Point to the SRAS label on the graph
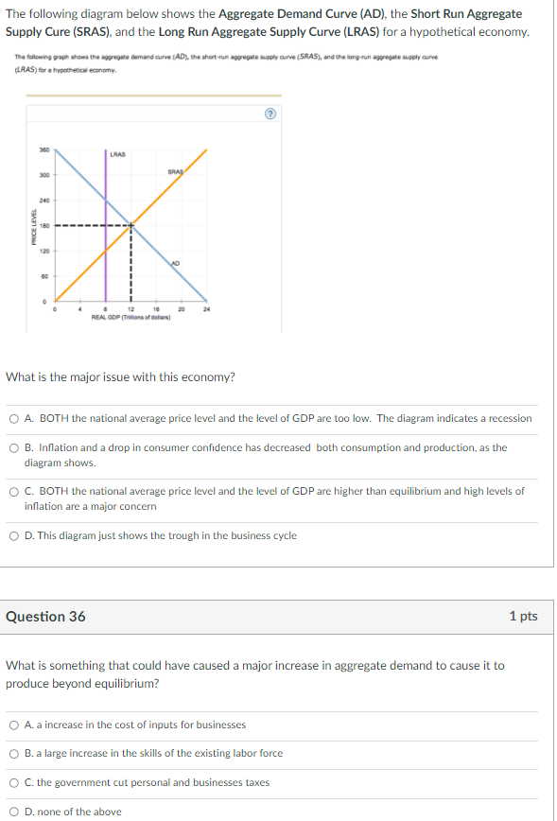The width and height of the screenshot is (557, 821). click(174, 172)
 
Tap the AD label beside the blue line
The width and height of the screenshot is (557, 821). click(176, 262)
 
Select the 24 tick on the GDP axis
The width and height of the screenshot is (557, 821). click(206, 309)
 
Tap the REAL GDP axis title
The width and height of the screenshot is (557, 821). click(131, 317)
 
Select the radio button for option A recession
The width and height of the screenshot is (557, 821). click(14, 418)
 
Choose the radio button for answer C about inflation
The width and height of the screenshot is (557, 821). click(14, 492)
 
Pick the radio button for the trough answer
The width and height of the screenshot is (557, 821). click(14, 535)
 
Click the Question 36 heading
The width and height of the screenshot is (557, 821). click(45, 616)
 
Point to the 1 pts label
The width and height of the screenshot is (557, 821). click(523, 616)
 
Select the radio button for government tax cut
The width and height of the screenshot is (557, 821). click(14, 783)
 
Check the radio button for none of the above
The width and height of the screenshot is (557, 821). click(14, 812)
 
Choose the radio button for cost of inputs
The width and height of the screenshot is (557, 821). click(14, 725)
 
